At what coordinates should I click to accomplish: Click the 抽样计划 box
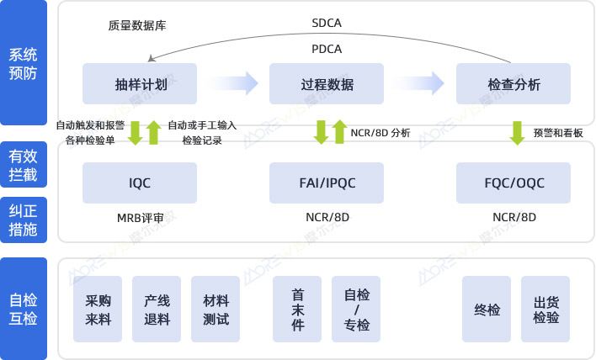(x=140, y=84)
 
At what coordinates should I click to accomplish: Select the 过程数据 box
(x=327, y=84)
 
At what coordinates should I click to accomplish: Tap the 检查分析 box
(x=514, y=84)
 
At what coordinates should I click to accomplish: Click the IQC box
(x=140, y=183)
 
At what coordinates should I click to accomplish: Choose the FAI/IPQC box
(x=327, y=183)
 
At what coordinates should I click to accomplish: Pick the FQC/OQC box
(x=514, y=183)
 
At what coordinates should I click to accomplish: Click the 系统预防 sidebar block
(x=24, y=64)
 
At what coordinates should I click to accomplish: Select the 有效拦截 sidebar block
(x=24, y=165)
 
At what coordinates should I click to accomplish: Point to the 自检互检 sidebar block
(x=24, y=309)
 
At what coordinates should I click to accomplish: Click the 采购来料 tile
(x=98, y=309)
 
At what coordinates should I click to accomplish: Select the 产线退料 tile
(x=157, y=309)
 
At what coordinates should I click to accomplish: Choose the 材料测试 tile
(x=216, y=309)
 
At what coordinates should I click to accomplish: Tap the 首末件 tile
(x=297, y=309)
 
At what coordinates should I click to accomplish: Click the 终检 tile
(x=487, y=309)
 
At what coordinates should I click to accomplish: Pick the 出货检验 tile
(x=545, y=309)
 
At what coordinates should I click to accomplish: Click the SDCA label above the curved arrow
(x=327, y=23)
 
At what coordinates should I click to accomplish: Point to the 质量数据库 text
(x=137, y=25)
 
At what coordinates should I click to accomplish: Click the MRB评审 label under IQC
(x=140, y=218)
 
